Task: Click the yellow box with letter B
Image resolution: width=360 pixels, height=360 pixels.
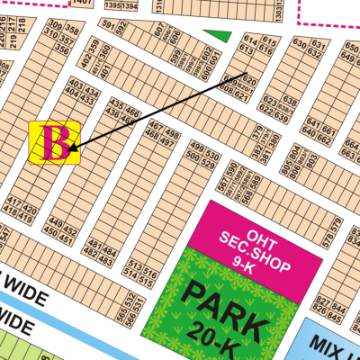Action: (55, 142)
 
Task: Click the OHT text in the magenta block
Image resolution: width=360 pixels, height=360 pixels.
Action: (254, 219)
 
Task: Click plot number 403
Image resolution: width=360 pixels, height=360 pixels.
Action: (76, 85)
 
